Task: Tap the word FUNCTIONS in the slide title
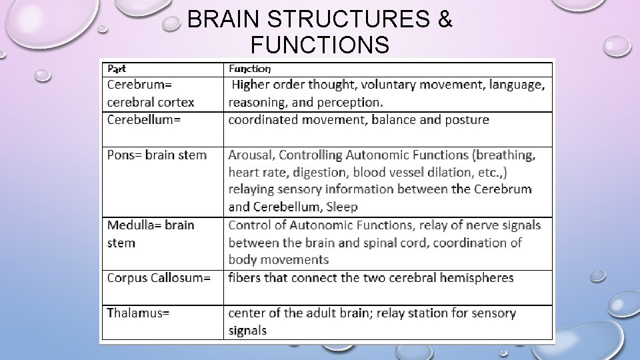(319, 45)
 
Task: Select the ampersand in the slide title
(445, 21)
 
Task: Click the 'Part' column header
(116, 69)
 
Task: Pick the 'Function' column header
(249, 69)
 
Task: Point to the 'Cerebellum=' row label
(144, 120)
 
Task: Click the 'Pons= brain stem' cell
(157, 155)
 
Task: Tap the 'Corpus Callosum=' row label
(159, 277)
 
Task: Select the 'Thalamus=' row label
(138, 313)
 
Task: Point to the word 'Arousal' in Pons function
(251, 155)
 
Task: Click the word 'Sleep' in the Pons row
(342, 207)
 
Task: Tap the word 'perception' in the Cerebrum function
(350, 103)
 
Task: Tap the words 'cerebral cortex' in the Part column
(151, 103)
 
